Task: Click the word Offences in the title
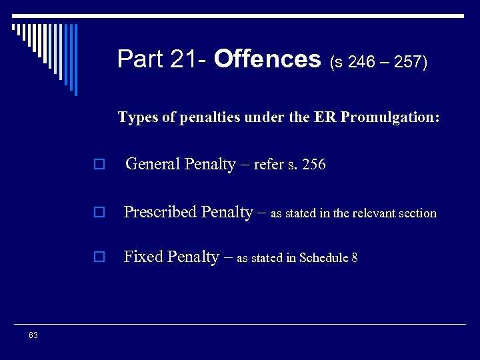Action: (x=267, y=59)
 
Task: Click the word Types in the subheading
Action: (x=138, y=117)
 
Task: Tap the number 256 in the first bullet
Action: (x=313, y=165)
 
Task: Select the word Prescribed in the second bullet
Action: (x=160, y=213)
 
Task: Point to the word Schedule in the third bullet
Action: (x=325, y=258)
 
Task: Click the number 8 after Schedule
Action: (x=355, y=258)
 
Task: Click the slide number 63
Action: (x=33, y=335)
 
